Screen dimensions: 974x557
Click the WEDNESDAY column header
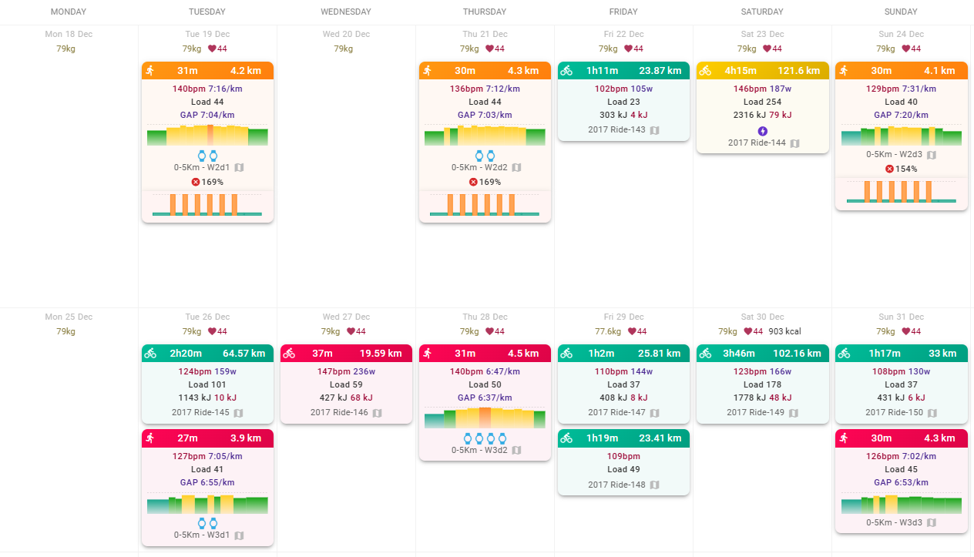tap(346, 12)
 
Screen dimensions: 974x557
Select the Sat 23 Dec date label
tap(762, 34)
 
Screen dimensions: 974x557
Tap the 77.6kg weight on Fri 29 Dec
tap(608, 331)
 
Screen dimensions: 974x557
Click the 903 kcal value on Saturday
tap(784, 331)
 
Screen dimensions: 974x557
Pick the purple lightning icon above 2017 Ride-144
tap(762, 131)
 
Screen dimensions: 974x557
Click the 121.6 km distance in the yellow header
tap(798, 70)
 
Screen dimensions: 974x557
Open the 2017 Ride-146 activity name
tap(339, 412)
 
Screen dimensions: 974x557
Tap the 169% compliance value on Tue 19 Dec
tap(212, 182)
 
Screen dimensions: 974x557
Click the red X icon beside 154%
tap(889, 169)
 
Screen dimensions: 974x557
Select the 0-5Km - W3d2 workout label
tap(479, 450)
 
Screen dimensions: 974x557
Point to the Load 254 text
tap(762, 102)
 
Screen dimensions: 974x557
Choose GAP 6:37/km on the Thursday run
tap(485, 398)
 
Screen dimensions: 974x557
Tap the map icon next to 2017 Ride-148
tap(654, 485)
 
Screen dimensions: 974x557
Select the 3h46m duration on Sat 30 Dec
tap(739, 353)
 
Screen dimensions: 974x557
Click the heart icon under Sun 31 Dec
tap(905, 331)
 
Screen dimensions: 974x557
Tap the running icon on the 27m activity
tap(150, 438)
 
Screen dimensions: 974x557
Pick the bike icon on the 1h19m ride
tap(566, 438)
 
